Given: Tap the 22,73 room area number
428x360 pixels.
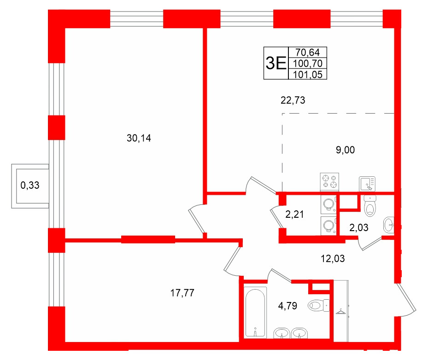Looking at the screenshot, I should (x=293, y=99).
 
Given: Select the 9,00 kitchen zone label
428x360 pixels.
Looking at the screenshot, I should (x=346, y=150).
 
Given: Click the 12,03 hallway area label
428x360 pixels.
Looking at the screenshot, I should (x=332, y=259).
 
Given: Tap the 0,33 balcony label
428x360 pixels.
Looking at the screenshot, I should (x=30, y=186).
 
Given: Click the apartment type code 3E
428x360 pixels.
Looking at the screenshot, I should (x=276, y=63).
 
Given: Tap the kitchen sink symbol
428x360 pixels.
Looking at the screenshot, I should (x=368, y=183).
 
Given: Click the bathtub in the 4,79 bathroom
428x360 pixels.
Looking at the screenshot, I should (x=255, y=312).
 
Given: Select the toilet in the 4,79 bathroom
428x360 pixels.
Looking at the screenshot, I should (x=318, y=304).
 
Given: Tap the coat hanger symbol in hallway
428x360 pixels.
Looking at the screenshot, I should (x=341, y=313).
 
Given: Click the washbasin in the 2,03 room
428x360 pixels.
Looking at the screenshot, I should (x=388, y=225).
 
